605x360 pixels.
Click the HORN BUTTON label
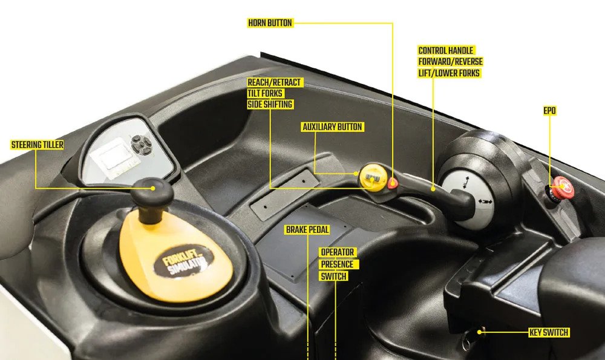pyautogui.click(x=270, y=23)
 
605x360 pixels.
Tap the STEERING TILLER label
pyautogui.click(x=38, y=145)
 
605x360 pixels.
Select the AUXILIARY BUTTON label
pyautogui.click(x=332, y=127)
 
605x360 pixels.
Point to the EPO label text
pyautogui.click(x=550, y=111)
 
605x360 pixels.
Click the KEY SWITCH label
pyautogui.click(x=549, y=332)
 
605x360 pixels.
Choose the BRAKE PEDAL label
pyautogui.click(x=307, y=229)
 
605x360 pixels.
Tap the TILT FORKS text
pyautogui.click(x=266, y=93)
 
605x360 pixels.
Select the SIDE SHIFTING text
pyautogui.click(x=270, y=104)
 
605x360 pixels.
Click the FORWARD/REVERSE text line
pyautogui.click(x=450, y=62)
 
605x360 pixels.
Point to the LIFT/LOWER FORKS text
pyautogui.click(x=449, y=73)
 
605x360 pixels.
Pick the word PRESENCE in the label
pyautogui.click(x=338, y=264)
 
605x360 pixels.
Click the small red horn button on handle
pyautogui.click(x=393, y=183)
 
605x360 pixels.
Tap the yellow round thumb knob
pyautogui.click(x=373, y=177)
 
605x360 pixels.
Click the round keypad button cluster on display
pyautogui.click(x=142, y=144)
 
